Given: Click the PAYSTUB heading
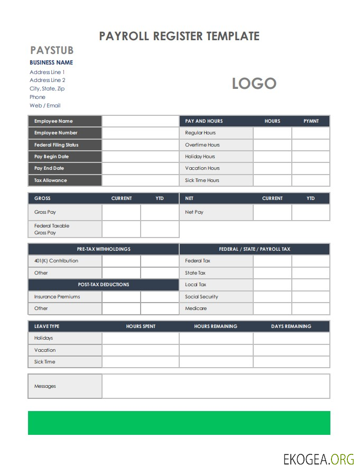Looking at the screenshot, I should point(52,51).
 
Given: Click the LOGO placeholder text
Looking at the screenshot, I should point(254,84).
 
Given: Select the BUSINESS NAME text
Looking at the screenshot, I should point(51,62).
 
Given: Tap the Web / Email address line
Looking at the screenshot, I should point(45,105).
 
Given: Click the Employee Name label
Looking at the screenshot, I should point(53,121).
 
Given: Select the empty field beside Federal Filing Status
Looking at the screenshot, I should point(141,145).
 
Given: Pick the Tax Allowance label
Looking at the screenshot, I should point(51,180).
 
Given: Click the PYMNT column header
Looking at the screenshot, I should point(311,121).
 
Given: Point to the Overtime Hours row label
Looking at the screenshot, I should point(202,145).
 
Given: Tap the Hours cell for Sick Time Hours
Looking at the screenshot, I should point(272,180).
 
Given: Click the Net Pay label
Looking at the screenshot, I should point(194,212).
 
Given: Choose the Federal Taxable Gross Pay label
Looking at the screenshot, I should point(52,229).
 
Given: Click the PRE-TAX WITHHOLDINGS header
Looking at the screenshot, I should point(104,249).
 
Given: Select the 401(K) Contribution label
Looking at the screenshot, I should point(56,261).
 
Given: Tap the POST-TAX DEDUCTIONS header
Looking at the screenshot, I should point(104,285).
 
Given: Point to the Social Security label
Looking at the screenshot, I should point(201,297).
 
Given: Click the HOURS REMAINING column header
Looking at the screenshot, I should point(216,326).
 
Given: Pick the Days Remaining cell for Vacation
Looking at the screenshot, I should point(291,350).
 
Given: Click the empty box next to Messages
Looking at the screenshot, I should point(216,386).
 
